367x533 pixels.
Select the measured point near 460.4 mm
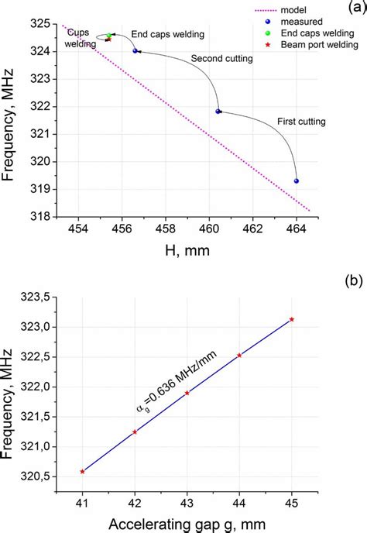tap(218, 112)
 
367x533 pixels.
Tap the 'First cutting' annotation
tap(301, 122)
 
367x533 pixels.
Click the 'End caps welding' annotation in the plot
tap(167, 35)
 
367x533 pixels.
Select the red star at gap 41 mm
tap(83, 471)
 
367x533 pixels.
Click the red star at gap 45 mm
tap(292, 319)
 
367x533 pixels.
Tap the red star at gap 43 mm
tap(187, 393)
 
